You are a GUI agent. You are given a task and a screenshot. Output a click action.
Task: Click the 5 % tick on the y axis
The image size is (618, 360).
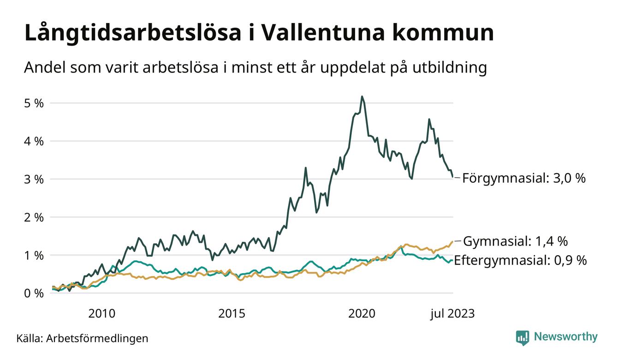(34, 103)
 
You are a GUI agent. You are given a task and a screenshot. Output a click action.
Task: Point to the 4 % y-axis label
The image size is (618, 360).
(34, 141)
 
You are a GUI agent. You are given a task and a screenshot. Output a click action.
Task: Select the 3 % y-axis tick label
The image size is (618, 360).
(34, 179)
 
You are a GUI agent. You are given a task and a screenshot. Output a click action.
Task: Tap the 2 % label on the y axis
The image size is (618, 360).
(34, 217)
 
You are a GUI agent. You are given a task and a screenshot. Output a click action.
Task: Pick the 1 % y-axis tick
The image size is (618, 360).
(34, 255)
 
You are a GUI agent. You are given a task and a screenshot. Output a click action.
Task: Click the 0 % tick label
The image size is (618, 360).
(34, 293)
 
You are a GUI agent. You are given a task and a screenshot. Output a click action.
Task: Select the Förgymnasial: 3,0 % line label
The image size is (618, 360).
(524, 178)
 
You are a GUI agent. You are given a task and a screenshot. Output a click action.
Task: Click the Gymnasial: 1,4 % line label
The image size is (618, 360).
(515, 241)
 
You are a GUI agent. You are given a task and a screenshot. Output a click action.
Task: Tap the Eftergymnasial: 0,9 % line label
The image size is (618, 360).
(520, 260)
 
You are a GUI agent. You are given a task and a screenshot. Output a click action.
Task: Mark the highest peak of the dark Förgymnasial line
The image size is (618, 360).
(362, 96)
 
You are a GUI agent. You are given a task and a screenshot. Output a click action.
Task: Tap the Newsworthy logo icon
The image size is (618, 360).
(523, 337)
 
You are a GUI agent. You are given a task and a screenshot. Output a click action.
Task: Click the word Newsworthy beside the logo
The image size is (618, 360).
(565, 337)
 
